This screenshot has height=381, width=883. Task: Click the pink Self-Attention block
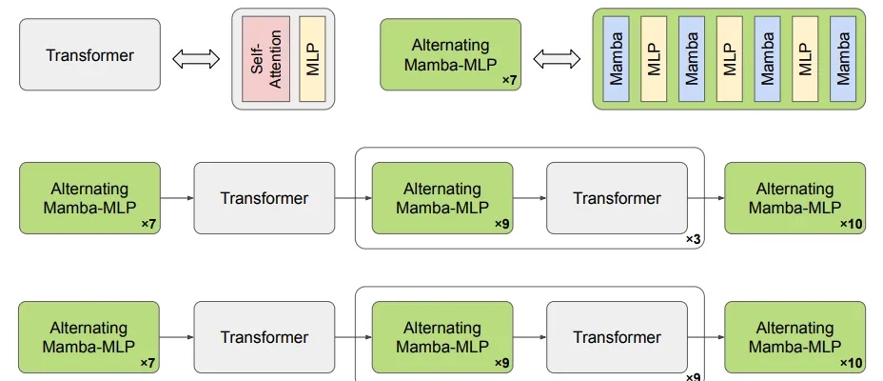(x=265, y=59)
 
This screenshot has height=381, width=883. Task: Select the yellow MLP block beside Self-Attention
(x=312, y=59)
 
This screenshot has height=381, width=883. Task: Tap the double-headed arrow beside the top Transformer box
(x=196, y=59)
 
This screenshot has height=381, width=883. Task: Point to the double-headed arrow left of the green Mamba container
(x=557, y=59)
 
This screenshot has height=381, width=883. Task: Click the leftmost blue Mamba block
(x=616, y=59)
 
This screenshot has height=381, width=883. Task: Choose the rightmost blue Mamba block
(x=843, y=59)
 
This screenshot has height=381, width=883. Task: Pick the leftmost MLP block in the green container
(x=654, y=59)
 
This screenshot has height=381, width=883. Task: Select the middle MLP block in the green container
(x=729, y=59)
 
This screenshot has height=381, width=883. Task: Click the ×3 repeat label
(x=693, y=239)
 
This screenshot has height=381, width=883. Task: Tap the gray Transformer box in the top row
(x=90, y=54)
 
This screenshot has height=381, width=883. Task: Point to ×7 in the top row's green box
(x=509, y=81)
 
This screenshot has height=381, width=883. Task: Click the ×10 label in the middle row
(x=851, y=225)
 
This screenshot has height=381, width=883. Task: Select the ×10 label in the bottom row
(x=851, y=364)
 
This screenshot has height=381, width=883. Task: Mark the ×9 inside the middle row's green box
(x=501, y=225)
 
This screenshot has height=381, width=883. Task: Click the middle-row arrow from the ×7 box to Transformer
(x=177, y=198)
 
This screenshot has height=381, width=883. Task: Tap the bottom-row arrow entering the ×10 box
(x=706, y=337)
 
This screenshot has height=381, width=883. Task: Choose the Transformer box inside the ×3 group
(x=618, y=198)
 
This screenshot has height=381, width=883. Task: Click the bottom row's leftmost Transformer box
(x=265, y=337)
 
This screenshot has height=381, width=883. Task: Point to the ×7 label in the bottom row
(x=147, y=364)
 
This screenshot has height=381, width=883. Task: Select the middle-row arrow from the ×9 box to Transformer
(x=530, y=198)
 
